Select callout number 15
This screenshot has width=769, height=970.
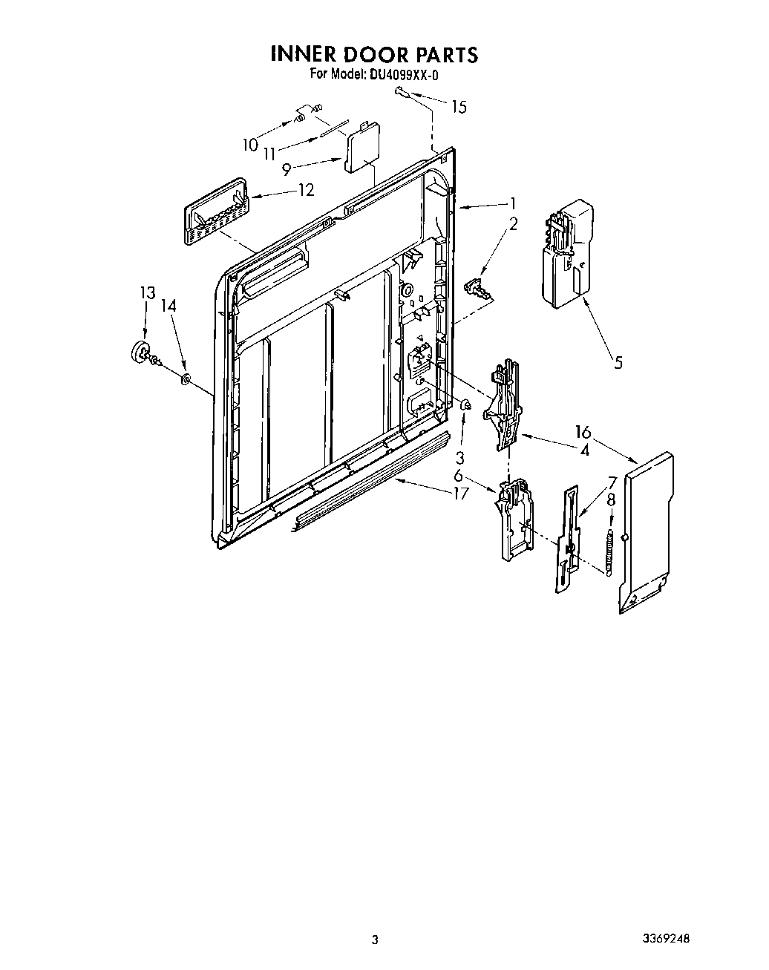tap(459, 107)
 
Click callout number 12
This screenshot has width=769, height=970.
tap(306, 190)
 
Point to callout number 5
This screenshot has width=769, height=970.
tap(618, 362)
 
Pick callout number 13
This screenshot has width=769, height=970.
tap(148, 293)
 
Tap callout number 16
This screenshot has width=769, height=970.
tap(582, 432)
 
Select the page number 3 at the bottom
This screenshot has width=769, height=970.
tap(376, 940)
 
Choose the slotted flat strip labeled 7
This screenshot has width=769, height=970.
tap(568, 538)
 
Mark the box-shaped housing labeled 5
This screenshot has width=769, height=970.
tap(568, 252)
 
